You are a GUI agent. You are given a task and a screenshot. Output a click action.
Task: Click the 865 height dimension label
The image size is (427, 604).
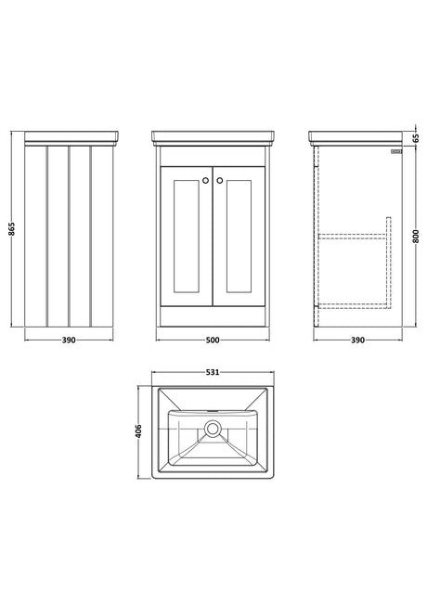tap(12, 229)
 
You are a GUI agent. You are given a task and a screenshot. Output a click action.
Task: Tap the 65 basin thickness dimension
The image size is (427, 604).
tap(416, 138)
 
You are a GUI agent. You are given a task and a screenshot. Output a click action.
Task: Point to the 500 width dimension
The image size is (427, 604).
tap(213, 341)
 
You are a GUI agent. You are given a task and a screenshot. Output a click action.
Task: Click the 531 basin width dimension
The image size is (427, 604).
tap(213, 372)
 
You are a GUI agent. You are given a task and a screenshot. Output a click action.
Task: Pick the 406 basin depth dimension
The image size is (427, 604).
tap(138, 431)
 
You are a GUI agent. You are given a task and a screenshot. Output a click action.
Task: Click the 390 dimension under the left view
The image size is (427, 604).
tap(69, 341)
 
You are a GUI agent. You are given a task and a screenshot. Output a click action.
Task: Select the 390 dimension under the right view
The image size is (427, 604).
tap(357, 341)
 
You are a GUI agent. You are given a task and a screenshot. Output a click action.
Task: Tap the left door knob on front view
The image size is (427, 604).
tap(205, 180)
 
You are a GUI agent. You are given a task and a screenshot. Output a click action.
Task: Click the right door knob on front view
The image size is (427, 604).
tap(220, 180)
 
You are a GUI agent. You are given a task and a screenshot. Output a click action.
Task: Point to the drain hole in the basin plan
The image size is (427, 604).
tap(212, 429)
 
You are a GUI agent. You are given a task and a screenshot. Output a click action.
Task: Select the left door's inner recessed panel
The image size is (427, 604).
tap(187, 237)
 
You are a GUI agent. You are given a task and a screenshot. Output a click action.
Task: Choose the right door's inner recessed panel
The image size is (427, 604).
tap(239, 237)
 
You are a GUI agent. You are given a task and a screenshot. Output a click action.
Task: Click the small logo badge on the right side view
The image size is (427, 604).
tap(396, 152)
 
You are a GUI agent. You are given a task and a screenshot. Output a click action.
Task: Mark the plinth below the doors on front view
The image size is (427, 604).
tap(213, 316)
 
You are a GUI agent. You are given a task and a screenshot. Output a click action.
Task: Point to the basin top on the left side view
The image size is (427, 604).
tap(71, 136)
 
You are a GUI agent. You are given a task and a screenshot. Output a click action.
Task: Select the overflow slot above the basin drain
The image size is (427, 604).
tap(212, 411)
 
